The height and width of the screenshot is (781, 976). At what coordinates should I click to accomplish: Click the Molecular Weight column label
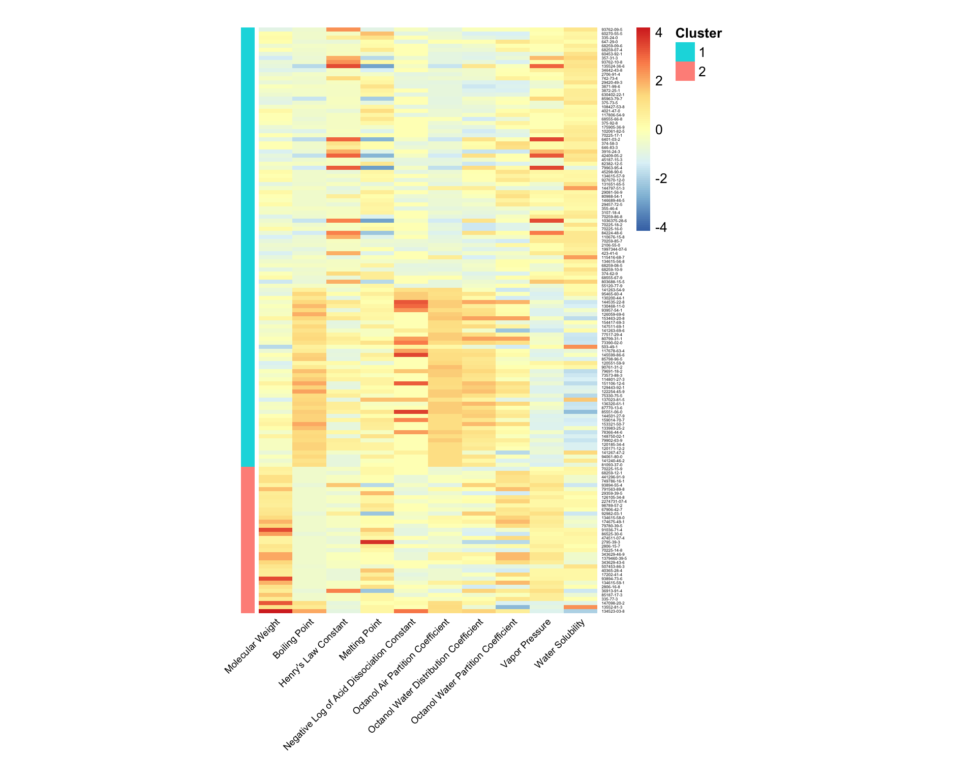point(252,646)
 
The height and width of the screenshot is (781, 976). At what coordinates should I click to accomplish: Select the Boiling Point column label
point(294,638)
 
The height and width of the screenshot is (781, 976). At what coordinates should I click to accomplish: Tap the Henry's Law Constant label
point(314,653)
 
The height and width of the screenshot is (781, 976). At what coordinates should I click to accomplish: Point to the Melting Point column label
point(360,639)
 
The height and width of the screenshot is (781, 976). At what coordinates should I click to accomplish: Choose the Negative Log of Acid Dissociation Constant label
point(350,684)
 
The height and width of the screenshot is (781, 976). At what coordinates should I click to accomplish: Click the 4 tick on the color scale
point(659,33)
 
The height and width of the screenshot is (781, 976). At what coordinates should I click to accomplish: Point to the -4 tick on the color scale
point(661,227)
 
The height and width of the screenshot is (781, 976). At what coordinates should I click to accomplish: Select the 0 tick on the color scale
point(659,130)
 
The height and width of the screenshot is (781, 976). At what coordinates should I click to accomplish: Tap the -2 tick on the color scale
point(661,178)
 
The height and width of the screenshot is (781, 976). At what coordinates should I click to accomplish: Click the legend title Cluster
point(698,34)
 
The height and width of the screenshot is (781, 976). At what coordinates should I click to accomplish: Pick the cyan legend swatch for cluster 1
point(685,52)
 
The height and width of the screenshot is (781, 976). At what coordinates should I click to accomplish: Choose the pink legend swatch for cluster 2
point(685,72)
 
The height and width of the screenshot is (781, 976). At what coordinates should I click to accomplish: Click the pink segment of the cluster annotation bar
point(248,539)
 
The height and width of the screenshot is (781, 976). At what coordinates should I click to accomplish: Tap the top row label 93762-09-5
point(612,29)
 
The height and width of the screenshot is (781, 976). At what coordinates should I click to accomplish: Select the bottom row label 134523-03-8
point(613,611)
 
